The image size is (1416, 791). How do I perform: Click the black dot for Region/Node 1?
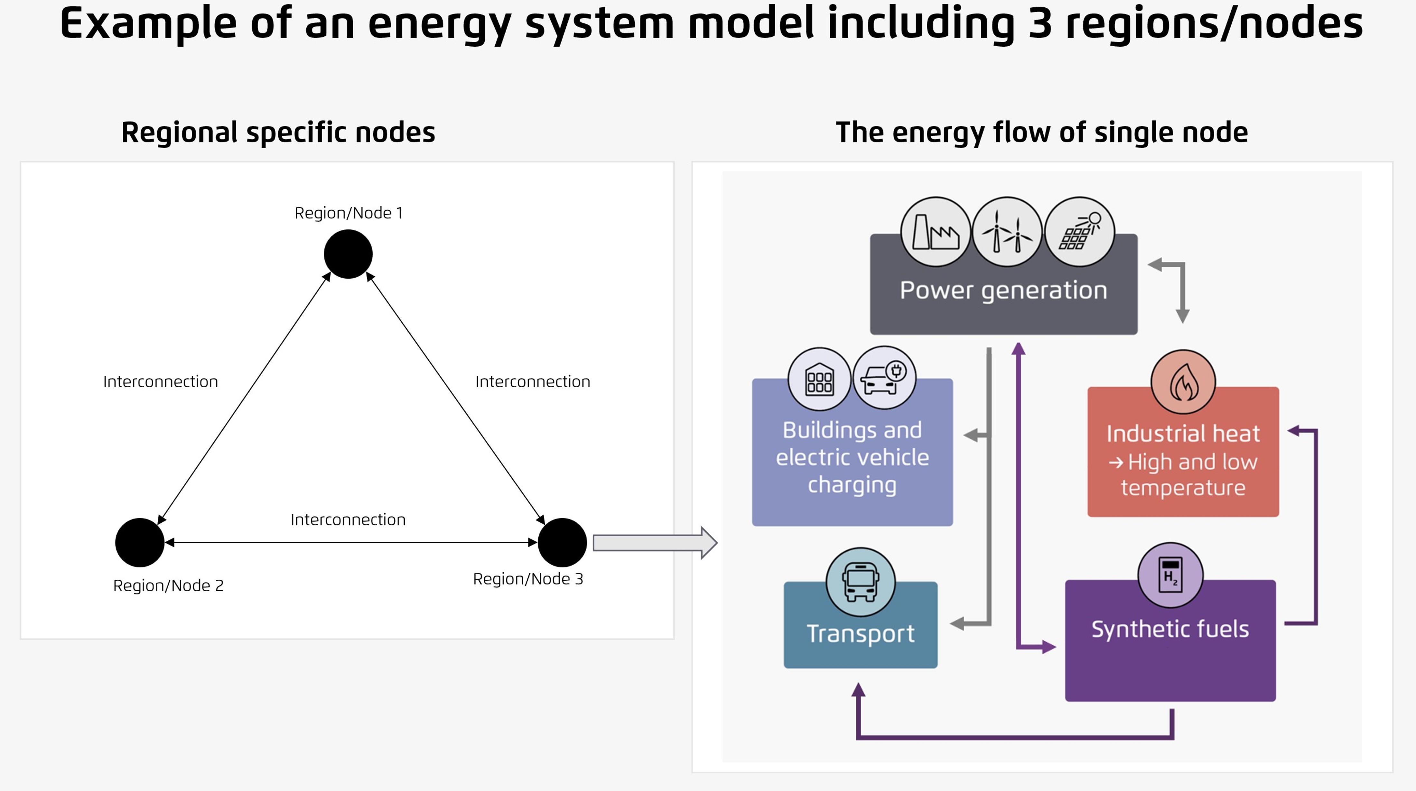pos(348,254)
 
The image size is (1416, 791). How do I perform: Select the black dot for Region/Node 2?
pos(140,542)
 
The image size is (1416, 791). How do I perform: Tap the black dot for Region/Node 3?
pos(562,542)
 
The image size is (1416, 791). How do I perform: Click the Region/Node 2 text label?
pos(168,585)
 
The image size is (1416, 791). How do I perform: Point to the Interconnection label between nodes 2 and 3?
pos(348,520)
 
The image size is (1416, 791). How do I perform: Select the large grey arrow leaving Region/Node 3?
pos(654,543)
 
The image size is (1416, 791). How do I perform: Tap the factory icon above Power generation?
pos(936,232)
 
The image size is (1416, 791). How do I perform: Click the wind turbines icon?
pos(1007,232)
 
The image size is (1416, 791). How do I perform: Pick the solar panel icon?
pos(1079,232)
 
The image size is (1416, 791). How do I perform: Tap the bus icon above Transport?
pos(860,582)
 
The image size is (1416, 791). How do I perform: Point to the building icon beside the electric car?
pos(819,379)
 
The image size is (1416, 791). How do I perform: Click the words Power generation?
pos(1003,290)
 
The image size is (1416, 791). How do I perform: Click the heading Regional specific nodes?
pos(278,133)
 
